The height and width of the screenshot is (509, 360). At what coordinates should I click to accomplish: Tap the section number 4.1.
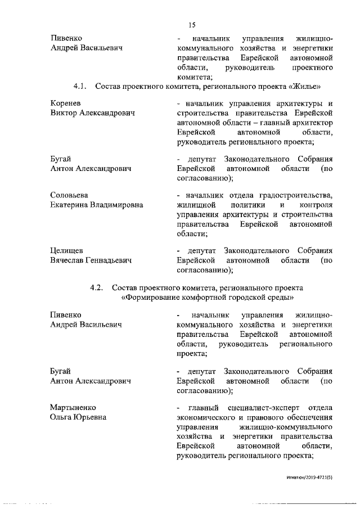79,87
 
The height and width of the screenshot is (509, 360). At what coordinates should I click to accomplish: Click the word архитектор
313,123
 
